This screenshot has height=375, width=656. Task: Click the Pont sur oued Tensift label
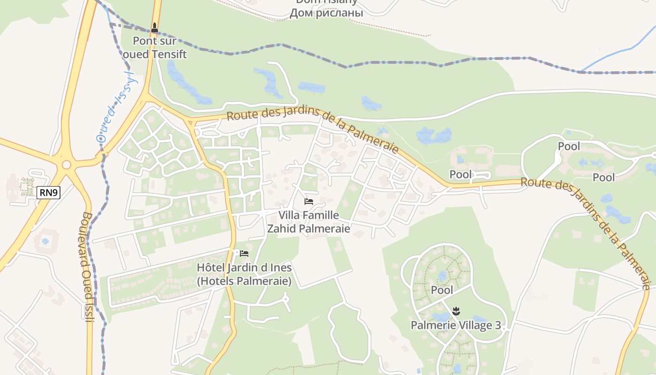(154, 47)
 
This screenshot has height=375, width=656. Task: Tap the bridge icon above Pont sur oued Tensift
(155, 28)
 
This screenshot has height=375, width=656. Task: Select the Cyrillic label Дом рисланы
(326, 13)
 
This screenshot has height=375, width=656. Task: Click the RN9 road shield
(49, 192)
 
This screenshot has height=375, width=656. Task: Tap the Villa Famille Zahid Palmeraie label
(308, 222)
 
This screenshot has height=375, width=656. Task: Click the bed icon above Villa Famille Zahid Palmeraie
(308, 202)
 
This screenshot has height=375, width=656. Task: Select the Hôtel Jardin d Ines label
(244, 274)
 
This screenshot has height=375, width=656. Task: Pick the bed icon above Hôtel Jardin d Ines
(244, 254)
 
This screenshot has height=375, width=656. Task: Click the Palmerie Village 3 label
(455, 325)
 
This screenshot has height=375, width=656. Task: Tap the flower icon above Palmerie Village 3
(456, 310)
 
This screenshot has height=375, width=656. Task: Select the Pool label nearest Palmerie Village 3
(442, 290)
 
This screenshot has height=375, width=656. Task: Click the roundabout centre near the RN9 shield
(67, 165)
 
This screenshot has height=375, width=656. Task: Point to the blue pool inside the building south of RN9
(45, 241)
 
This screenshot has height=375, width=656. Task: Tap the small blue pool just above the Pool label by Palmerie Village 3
(442, 277)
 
